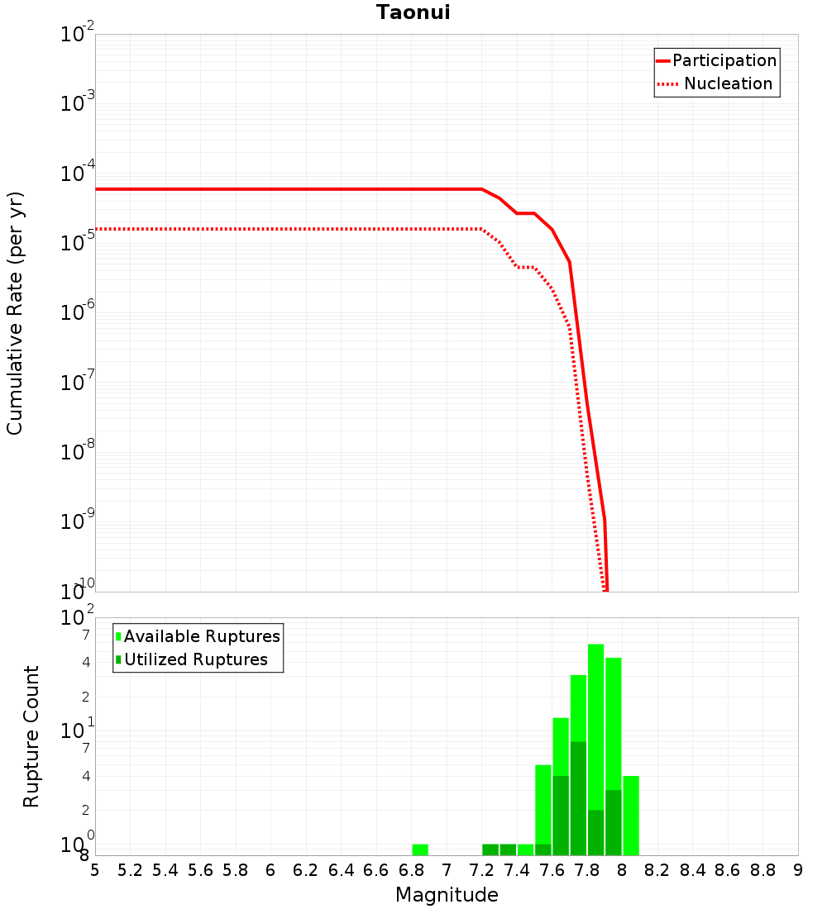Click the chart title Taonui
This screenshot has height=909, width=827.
click(x=413, y=12)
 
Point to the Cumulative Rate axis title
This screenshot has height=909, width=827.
click(x=15, y=313)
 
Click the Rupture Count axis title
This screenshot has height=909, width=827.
click(x=31, y=736)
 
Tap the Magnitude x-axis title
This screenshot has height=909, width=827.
click(x=447, y=895)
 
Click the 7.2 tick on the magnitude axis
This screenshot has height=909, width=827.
click(x=481, y=870)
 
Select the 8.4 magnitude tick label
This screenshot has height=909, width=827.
click(x=692, y=870)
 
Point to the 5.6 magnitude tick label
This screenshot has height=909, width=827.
click(x=200, y=870)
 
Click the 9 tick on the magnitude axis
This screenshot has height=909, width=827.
click(x=798, y=870)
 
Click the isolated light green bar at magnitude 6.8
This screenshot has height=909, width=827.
click(x=420, y=850)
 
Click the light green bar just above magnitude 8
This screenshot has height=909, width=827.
click(x=631, y=815)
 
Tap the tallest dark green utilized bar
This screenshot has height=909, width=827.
click(x=578, y=797)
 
